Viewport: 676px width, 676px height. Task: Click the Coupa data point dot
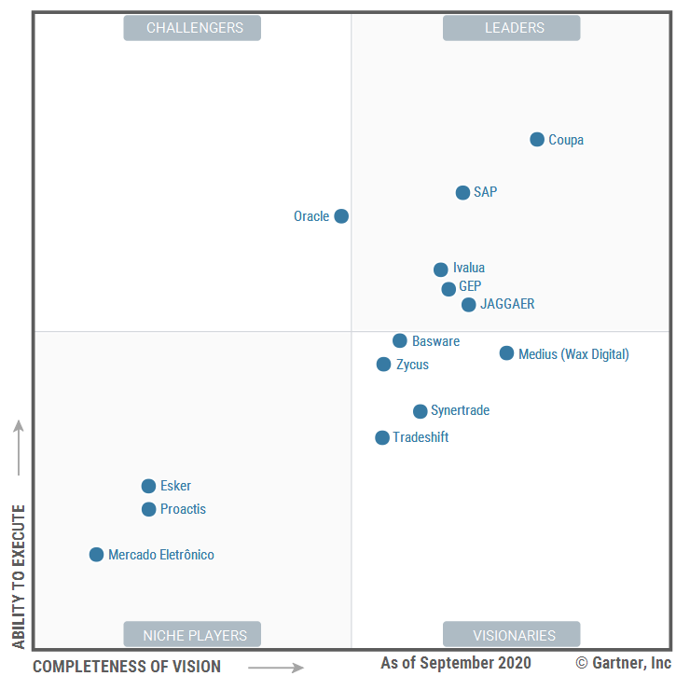pos(537,140)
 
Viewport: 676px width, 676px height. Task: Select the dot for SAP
pos(462,193)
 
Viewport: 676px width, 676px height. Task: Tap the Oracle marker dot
pos(341,216)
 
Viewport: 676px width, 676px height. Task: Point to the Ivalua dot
pos(441,269)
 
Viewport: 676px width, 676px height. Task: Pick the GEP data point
pos(448,289)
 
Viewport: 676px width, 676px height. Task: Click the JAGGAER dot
pos(469,305)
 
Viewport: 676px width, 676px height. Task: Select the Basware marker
pos(400,341)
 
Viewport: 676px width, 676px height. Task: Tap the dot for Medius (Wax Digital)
pos(506,353)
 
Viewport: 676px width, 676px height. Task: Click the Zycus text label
pos(412,365)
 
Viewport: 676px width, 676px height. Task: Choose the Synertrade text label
pos(460,411)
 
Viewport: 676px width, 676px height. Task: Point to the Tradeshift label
pos(421,437)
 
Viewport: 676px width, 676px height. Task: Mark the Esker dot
pos(148,486)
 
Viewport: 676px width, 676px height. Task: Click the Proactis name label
pos(183,509)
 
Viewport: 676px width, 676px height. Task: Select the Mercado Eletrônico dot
pos(96,555)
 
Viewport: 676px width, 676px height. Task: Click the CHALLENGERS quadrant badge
pos(192,28)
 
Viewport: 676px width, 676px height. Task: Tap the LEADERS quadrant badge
pos(511,28)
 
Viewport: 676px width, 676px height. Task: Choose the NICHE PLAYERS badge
pos(192,635)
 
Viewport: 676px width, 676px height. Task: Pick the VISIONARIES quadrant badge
pos(511,635)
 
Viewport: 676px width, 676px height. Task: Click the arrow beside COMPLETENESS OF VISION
pos(276,667)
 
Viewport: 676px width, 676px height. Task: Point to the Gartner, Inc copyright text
pos(623,663)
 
